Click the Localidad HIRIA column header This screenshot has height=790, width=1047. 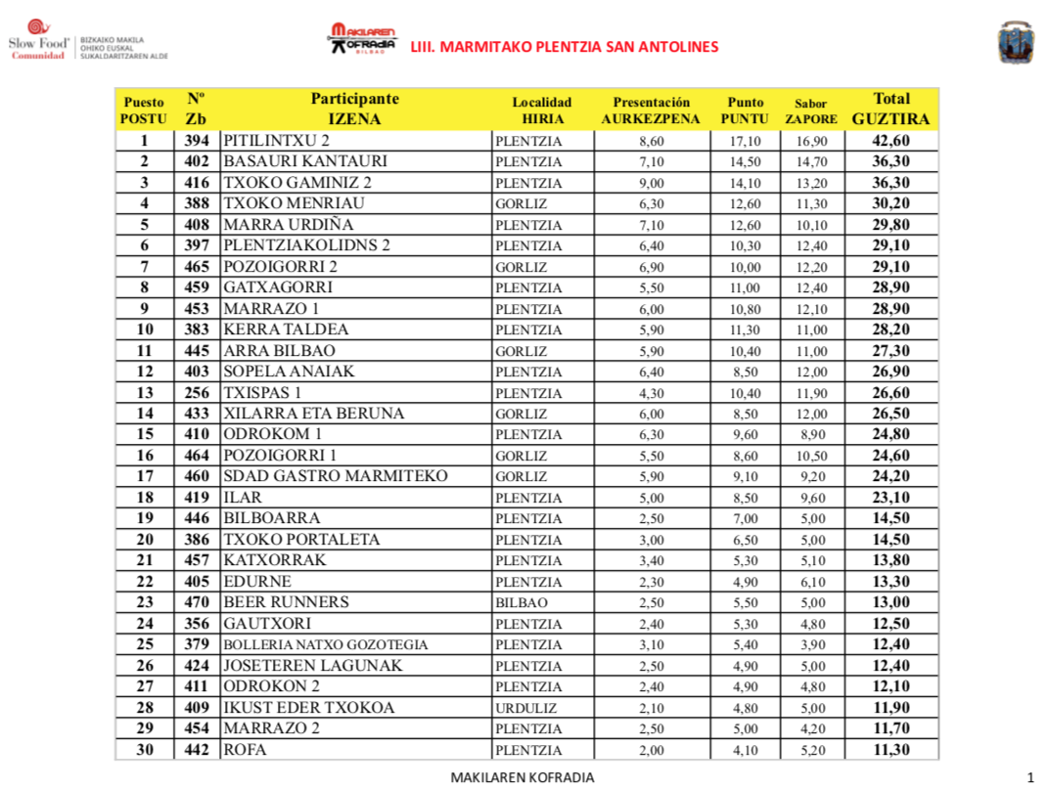[542, 110]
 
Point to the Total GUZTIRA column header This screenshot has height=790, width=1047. [891, 109]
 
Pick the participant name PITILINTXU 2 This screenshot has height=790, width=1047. [277, 140]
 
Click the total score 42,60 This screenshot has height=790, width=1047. [891, 140]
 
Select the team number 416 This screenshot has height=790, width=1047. [197, 183]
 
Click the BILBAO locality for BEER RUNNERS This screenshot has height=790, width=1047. [522, 603]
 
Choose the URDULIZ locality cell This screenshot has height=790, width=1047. [526, 708]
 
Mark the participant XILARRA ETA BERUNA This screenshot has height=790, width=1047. [313, 414]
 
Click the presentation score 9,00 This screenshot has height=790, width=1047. [651, 183]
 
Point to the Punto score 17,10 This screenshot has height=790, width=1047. [745, 141]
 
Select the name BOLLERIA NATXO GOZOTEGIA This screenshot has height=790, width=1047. [326, 645]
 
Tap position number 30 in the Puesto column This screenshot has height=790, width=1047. [144, 750]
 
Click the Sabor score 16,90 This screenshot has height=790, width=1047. [811, 141]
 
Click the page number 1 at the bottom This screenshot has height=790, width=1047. [1031, 777]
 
